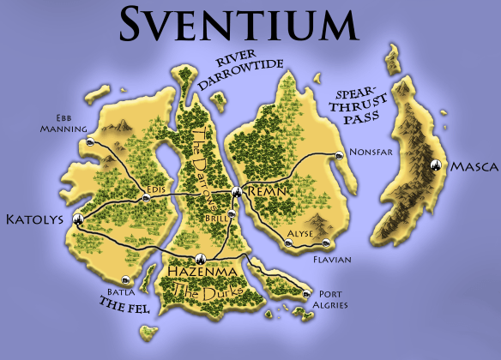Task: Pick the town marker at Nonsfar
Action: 340,155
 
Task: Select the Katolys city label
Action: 35,219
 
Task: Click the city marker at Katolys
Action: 78,219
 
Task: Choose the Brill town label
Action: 218,219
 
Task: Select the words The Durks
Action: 203,291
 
